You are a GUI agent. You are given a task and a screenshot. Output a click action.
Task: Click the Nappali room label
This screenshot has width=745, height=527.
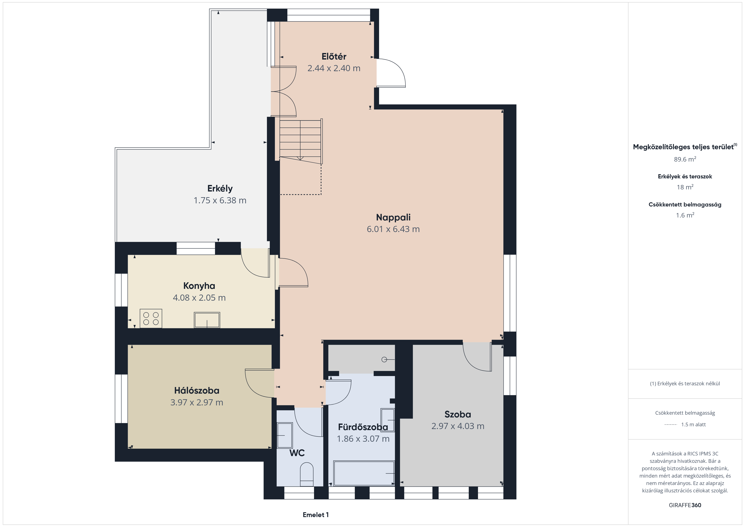point(393,217)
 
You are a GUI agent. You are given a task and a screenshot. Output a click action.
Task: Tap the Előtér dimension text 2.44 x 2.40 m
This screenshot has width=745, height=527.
point(334,68)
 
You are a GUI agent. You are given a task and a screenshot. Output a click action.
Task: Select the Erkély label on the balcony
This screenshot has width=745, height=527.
point(220,189)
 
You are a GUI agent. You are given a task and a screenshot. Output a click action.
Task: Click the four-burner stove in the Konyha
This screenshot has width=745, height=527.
point(151,318)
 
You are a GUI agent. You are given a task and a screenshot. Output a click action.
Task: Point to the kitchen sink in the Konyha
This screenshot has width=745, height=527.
point(207,320)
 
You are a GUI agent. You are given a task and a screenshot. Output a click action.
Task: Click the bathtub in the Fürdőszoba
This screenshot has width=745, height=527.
point(364,473)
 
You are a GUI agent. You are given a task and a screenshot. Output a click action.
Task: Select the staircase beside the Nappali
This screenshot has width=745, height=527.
point(300,141)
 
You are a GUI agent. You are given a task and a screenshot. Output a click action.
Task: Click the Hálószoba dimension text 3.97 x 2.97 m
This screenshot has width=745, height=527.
point(197,402)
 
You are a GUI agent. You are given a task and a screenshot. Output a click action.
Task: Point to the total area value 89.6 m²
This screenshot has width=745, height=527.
point(685,159)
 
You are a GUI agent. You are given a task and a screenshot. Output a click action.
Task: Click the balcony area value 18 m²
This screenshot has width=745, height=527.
point(685,187)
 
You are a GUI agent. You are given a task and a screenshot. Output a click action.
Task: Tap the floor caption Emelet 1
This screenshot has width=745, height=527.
point(316,515)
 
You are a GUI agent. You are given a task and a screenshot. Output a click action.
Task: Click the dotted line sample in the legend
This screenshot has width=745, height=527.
point(670,424)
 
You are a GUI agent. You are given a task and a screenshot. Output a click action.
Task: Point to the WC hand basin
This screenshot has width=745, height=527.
point(285,435)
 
